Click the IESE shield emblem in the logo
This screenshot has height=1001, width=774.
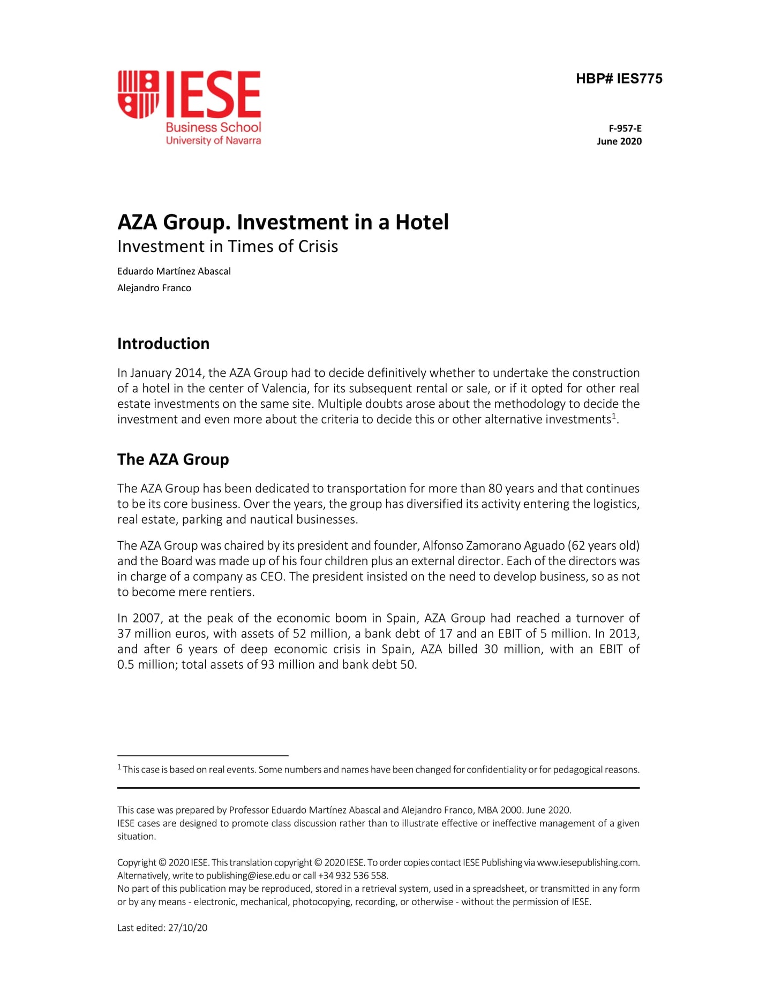(138, 94)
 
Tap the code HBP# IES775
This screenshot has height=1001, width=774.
(619, 79)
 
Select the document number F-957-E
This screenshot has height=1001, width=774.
(625, 128)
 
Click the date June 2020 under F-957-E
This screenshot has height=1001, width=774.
(619, 141)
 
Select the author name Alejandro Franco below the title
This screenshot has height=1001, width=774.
(154, 288)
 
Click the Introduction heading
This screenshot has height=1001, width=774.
(163, 344)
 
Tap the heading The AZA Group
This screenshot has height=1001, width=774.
(172, 459)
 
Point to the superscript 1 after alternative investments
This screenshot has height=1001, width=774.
(614, 416)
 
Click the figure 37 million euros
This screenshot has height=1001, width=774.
(163, 634)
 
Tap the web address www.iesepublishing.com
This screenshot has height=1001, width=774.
(588, 862)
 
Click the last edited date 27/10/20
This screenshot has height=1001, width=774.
(187, 928)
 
